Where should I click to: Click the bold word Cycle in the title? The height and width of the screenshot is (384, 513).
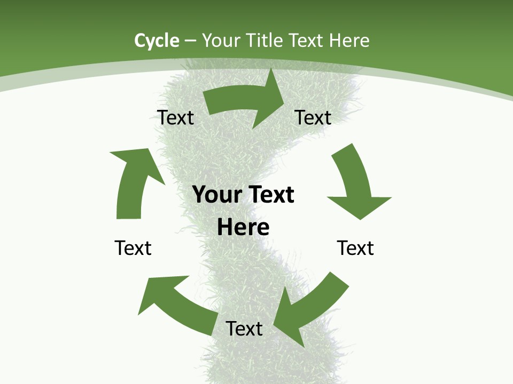coord(157,41)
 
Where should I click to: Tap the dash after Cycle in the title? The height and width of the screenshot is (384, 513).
coord(190,41)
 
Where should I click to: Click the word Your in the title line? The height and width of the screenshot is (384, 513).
coord(220,41)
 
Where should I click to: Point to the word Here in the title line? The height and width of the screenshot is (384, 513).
coord(349,41)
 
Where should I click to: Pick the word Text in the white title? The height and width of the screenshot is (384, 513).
coord(308,41)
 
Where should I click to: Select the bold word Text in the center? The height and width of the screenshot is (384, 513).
coord(269,195)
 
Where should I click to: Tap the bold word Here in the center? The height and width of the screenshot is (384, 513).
coord(243,228)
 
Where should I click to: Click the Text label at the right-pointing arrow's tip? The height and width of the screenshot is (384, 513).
coord(313,117)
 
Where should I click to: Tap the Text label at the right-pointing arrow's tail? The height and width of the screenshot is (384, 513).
coord(175,117)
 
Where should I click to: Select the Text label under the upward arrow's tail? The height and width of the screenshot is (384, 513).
coord(133,248)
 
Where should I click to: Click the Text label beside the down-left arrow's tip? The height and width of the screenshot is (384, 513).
coord(244,329)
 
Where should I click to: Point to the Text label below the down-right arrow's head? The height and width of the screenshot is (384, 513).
coord(355,248)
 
